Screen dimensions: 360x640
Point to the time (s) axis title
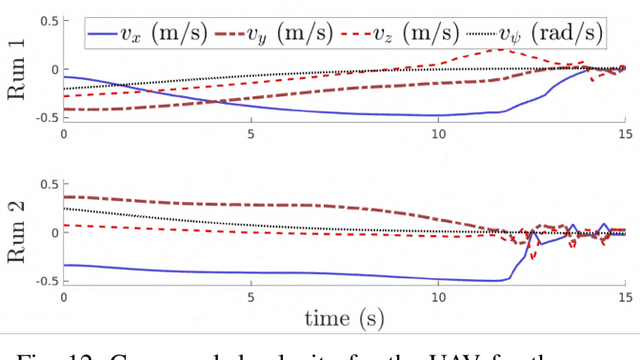click(x=343, y=319)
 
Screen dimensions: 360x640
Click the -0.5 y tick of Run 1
click(x=43, y=118)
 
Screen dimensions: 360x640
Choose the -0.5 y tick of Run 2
click(x=43, y=281)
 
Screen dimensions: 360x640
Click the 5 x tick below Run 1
click(x=250, y=132)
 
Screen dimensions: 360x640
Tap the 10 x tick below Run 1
click(x=437, y=132)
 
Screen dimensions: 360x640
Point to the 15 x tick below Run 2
click(x=624, y=296)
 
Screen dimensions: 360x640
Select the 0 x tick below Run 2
click(x=64, y=296)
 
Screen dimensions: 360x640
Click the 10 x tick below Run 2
click(x=437, y=296)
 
